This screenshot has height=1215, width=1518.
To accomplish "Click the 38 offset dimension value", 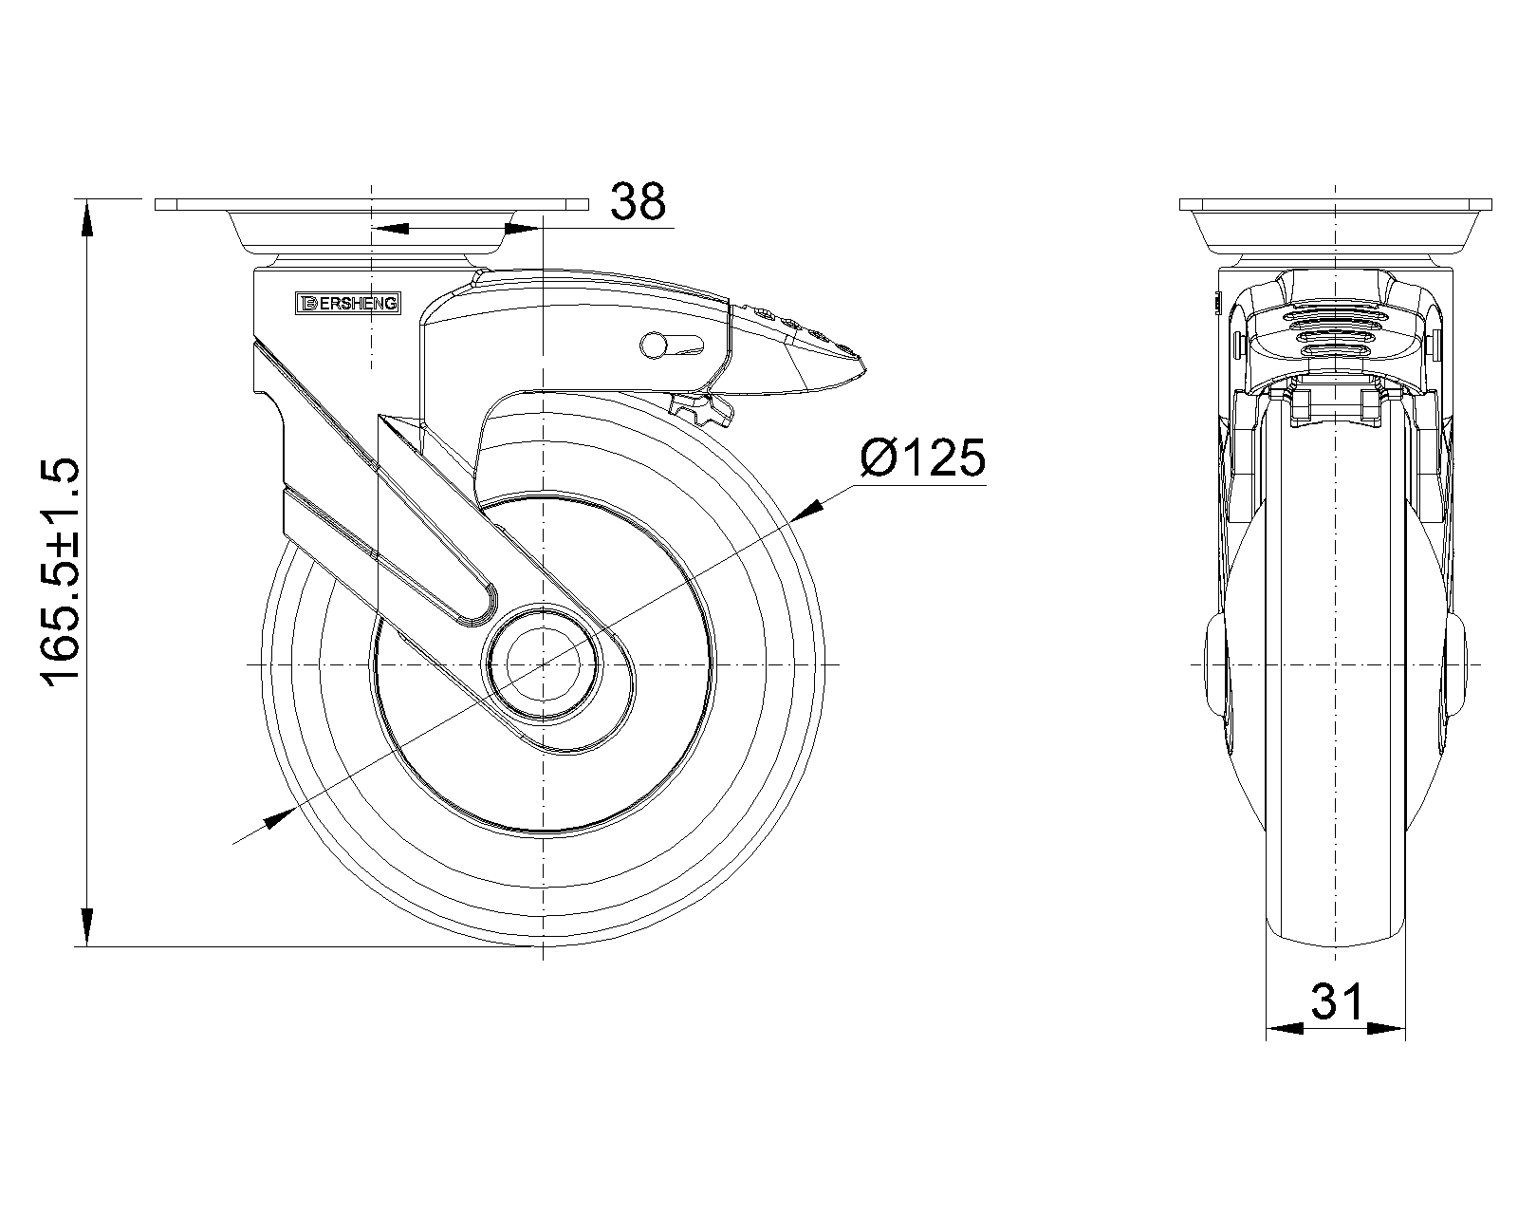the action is [x=638, y=201].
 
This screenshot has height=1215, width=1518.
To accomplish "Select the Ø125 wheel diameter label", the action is [x=922, y=458].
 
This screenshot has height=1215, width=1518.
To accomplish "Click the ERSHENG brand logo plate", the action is [x=348, y=303].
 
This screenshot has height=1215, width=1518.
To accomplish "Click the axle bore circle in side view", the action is [x=543, y=665].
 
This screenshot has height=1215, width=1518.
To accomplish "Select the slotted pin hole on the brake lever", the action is [x=672, y=345].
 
